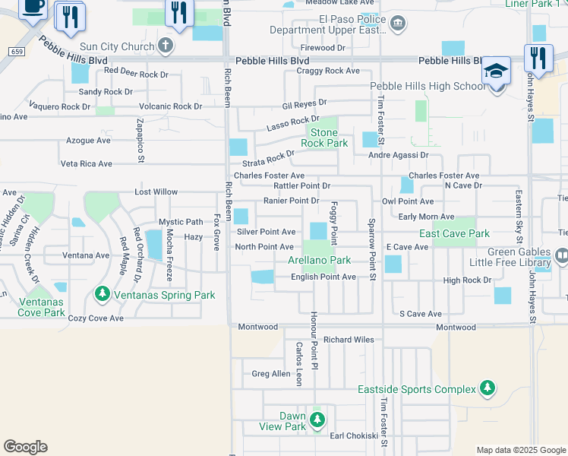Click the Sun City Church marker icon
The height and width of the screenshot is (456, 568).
(x=166, y=46)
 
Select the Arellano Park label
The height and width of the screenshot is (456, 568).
(x=319, y=260)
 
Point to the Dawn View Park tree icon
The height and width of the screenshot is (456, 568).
(x=317, y=419)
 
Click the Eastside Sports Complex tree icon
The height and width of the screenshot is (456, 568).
(x=486, y=389)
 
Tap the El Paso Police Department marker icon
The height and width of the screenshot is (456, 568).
(x=397, y=25)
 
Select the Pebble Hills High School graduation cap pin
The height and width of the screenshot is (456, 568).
(x=497, y=70)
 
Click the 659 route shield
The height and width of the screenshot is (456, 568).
(x=17, y=51)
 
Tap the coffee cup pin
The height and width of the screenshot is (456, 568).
(x=33, y=8)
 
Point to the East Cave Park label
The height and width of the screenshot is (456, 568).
(x=454, y=233)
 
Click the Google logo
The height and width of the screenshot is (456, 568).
(x=25, y=447)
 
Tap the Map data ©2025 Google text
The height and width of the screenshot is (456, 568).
(x=521, y=450)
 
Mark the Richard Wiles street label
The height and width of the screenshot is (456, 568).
(x=349, y=340)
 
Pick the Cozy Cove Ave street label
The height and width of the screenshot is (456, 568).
(x=95, y=318)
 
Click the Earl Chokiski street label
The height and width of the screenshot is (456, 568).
(x=353, y=435)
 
